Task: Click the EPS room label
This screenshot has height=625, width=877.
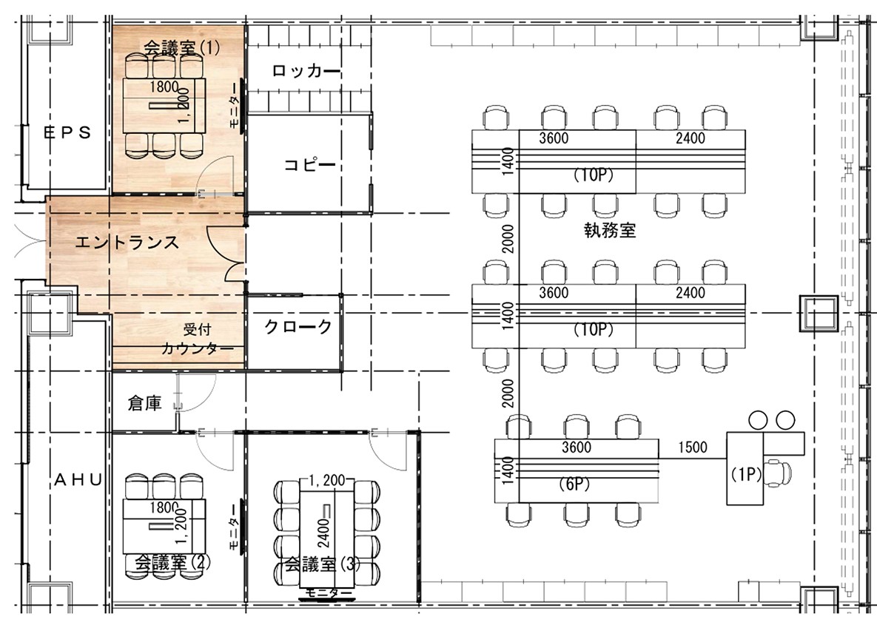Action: (67, 132)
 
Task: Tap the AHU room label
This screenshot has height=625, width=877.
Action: (77, 479)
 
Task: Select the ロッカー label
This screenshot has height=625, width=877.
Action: (306, 71)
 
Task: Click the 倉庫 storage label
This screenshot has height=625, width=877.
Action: (144, 405)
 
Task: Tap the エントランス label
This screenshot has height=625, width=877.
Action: (127, 242)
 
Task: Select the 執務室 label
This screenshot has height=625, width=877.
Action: (609, 230)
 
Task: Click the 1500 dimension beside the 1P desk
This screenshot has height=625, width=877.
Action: (692, 447)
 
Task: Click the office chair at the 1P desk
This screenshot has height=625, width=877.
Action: (779, 470)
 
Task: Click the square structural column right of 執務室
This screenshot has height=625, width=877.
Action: (818, 314)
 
